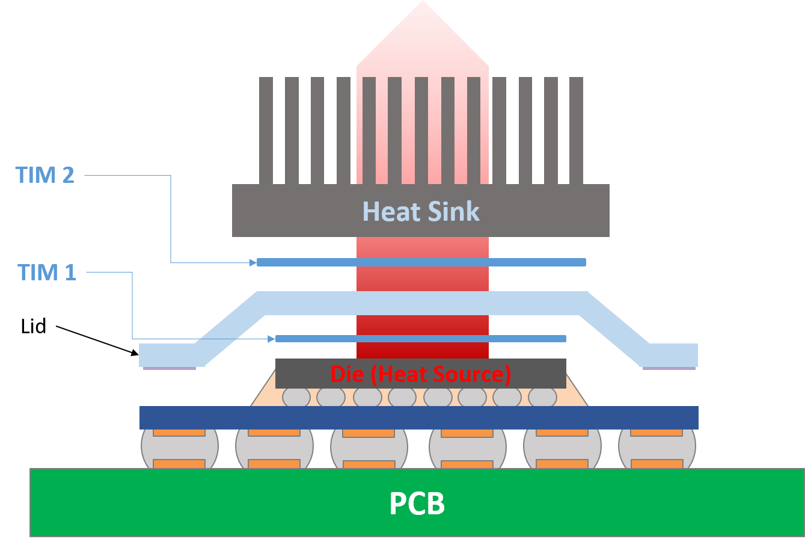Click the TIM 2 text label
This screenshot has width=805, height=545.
(45, 175)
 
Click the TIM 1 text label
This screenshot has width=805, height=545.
(47, 272)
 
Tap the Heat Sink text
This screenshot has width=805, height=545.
(421, 212)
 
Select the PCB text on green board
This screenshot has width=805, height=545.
(417, 503)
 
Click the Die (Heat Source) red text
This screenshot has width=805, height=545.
(421, 374)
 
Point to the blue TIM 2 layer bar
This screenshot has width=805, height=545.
(421, 262)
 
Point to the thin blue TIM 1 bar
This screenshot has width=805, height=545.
(421, 339)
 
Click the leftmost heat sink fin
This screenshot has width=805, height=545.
(266, 130)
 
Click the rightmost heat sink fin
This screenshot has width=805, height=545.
(576, 130)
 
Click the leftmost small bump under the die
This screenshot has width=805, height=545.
(296, 397)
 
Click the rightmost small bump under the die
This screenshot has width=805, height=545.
(542, 397)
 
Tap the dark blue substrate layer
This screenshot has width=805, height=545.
(418, 417)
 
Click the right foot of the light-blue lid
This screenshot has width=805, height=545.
(670, 355)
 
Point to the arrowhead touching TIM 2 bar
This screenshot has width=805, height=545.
(253, 262)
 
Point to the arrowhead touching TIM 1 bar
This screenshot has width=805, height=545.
(272, 339)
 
